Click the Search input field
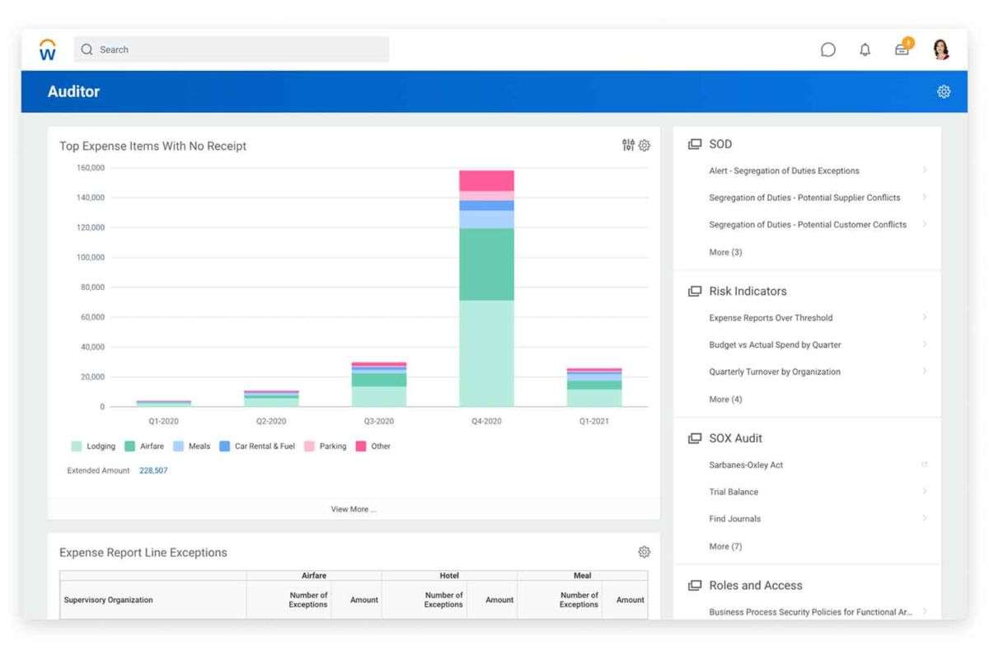pyautogui.click(x=239, y=49)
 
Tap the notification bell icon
pyautogui.click(x=865, y=49)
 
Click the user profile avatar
pyautogui.click(x=941, y=49)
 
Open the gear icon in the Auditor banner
pyautogui.click(x=944, y=91)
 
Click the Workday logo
pyautogui.click(x=48, y=49)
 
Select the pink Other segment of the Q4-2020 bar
pyautogui.click(x=486, y=180)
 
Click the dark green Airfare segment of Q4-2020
pyautogui.click(x=486, y=264)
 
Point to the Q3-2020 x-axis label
pyautogui.click(x=378, y=421)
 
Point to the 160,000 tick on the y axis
pyautogui.click(x=90, y=168)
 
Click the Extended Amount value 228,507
pyautogui.click(x=153, y=470)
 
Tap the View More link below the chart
pyautogui.click(x=353, y=509)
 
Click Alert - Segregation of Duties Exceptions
pyautogui.click(x=784, y=171)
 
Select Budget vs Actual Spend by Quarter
pyautogui.click(x=775, y=344)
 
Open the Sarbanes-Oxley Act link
pyautogui.click(x=746, y=465)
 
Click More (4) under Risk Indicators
pyautogui.click(x=725, y=399)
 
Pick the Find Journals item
pyautogui.click(x=734, y=519)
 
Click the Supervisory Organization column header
pyautogui.click(x=108, y=600)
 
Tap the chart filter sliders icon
pyautogui.click(x=628, y=146)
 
